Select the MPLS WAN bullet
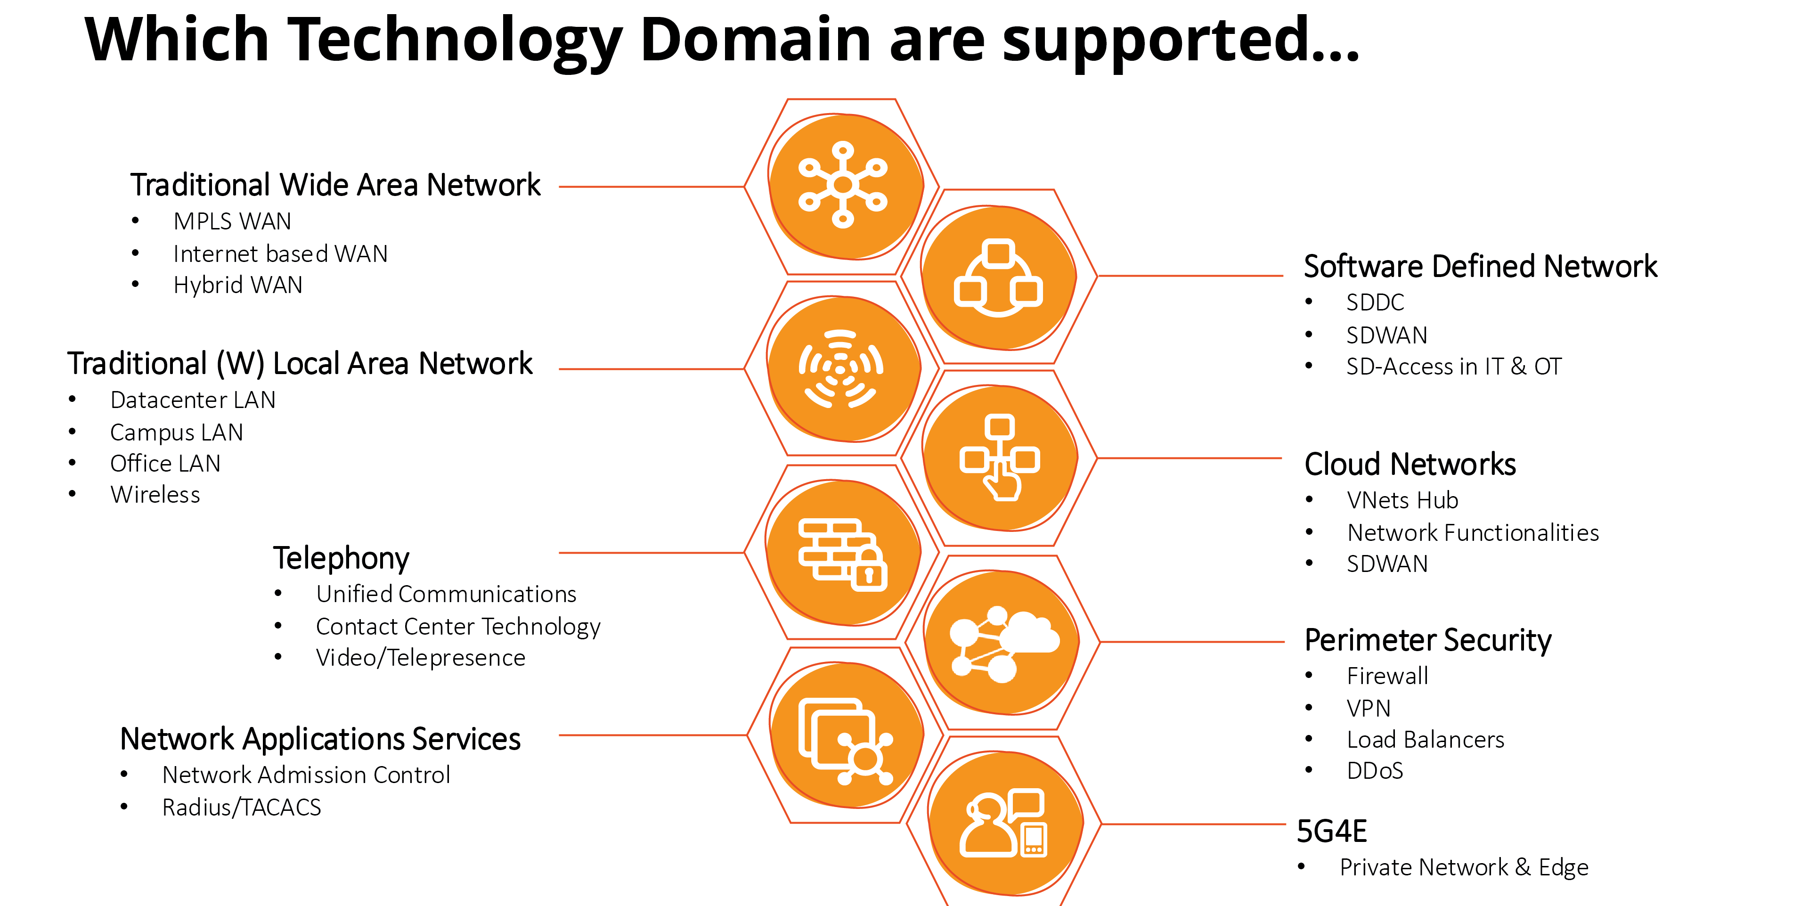[232, 222]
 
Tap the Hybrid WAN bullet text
[237, 285]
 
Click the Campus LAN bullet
[176, 433]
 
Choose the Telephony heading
[341, 558]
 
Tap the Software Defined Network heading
[1480, 267]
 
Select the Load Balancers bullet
[1425, 740]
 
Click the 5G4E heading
[1331, 832]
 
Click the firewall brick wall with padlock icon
[843, 554]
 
